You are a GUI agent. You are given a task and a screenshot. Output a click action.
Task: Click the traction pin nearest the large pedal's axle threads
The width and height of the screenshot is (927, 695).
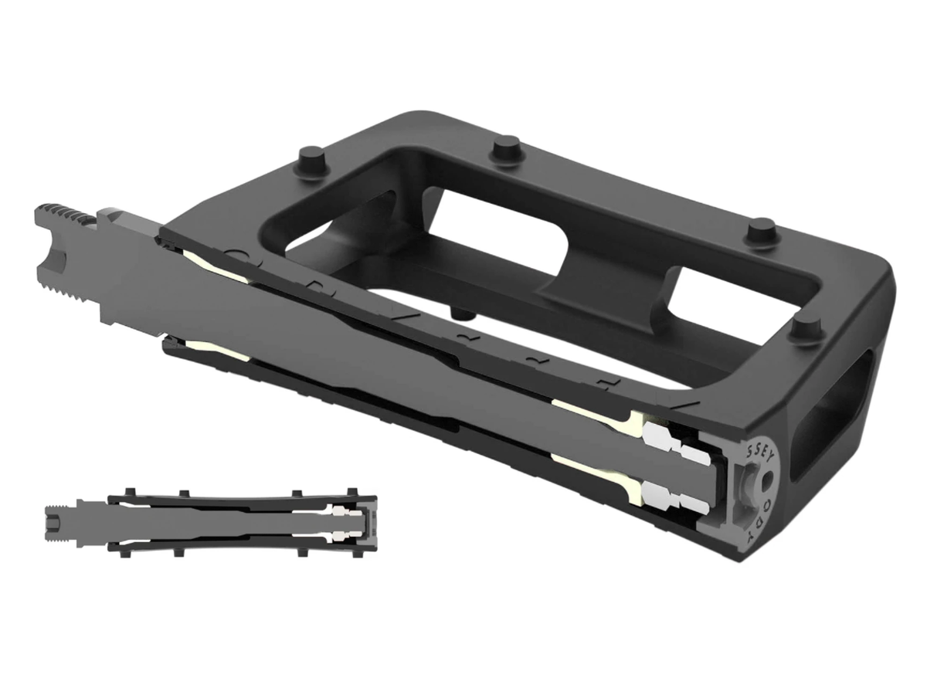311,158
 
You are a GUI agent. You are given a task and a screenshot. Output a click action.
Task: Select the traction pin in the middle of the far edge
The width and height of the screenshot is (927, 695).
508,147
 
